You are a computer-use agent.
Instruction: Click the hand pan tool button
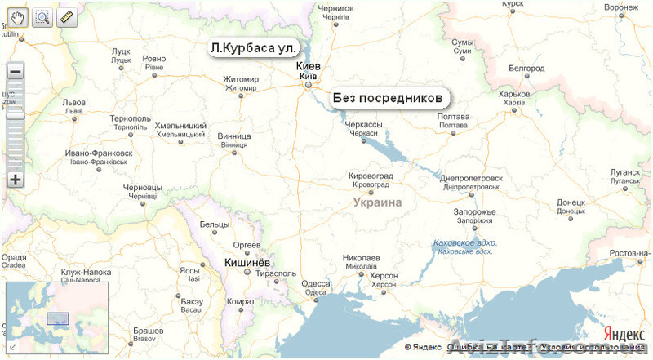tap(18, 16)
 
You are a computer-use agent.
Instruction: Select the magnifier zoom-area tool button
tap(42, 16)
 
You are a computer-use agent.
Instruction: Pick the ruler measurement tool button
tap(66, 16)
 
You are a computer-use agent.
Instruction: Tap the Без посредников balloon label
tap(390, 98)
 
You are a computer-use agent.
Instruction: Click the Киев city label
tap(313, 66)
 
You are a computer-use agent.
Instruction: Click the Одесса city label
tap(316, 283)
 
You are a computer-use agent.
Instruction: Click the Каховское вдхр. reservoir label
tap(465, 242)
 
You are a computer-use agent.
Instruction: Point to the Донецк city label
tap(571, 202)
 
